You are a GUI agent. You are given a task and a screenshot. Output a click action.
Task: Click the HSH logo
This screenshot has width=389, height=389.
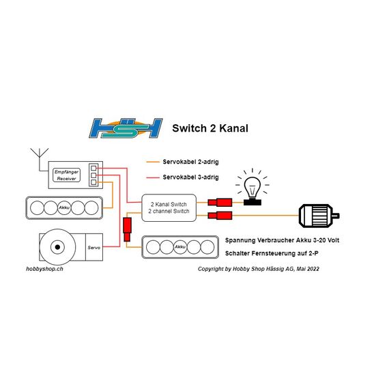point(126,128)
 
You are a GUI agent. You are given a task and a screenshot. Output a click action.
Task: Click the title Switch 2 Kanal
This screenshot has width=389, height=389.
point(210,128)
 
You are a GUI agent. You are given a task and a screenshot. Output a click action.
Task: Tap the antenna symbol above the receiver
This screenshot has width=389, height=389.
point(40,159)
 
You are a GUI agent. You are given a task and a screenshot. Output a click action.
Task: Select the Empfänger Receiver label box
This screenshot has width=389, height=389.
point(66,175)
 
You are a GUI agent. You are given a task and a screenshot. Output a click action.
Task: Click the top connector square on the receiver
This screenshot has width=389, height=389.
point(93,168)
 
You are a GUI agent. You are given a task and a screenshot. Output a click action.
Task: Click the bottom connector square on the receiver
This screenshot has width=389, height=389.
point(93,182)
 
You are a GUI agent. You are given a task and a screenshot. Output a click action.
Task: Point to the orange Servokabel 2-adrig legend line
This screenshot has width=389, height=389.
point(153,162)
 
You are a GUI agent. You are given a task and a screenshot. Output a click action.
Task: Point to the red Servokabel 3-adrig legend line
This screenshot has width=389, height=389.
point(153,177)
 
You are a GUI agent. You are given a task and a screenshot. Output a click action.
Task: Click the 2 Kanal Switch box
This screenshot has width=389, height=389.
point(169,207)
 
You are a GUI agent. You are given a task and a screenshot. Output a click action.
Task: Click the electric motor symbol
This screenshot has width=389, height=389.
point(319,216)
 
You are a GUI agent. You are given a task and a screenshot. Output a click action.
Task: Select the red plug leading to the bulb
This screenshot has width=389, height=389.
point(220,203)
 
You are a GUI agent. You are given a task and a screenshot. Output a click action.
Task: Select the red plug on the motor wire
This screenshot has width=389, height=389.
point(220,216)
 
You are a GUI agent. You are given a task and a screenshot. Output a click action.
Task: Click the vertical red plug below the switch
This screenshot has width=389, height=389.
point(127,229)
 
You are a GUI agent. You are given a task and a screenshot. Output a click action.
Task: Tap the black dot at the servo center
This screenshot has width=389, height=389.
point(57,247)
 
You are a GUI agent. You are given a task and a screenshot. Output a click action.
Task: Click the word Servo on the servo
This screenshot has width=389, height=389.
point(94,247)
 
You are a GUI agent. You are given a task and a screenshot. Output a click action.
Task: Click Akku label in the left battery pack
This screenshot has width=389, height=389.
point(64,207)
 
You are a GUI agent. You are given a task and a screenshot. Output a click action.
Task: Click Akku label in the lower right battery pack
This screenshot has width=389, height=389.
point(180,247)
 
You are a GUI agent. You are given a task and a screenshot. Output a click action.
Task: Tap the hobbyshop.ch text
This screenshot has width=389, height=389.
point(44,269)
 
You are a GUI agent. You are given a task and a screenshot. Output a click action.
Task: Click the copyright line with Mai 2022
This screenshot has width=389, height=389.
point(259,269)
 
